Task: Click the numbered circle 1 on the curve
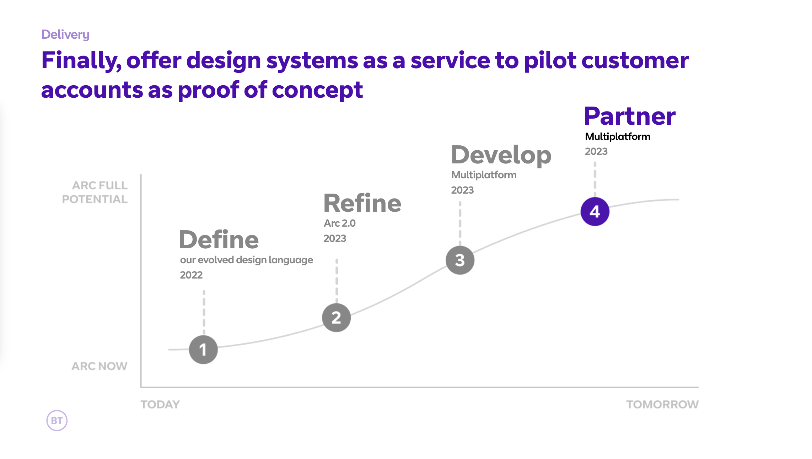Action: pyautogui.click(x=203, y=350)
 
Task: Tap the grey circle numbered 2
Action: pyautogui.click(x=336, y=318)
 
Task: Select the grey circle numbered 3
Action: pyautogui.click(x=460, y=260)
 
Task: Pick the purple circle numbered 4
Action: pyautogui.click(x=595, y=212)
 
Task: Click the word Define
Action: pyautogui.click(x=219, y=240)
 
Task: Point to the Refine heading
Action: pyautogui.click(x=362, y=203)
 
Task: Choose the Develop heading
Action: pyautogui.click(x=501, y=155)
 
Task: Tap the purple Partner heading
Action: pyautogui.click(x=630, y=116)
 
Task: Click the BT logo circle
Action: pyautogui.click(x=57, y=421)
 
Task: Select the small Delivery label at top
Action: pyautogui.click(x=65, y=34)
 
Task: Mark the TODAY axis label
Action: pyautogui.click(x=160, y=404)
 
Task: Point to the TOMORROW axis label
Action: pyautogui.click(x=662, y=404)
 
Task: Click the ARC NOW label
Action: pyautogui.click(x=100, y=366)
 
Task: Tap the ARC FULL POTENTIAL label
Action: pyautogui.click(x=95, y=192)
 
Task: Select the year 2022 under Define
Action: pyautogui.click(x=191, y=275)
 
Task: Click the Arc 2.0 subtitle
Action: pyautogui.click(x=339, y=223)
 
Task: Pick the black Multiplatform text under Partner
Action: pyautogui.click(x=618, y=136)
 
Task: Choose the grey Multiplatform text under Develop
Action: pyautogui.click(x=484, y=175)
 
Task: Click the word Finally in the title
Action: pyautogui.click(x=81, y=60)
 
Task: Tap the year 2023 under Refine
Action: pyautogui.click(x=335, y=238)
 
